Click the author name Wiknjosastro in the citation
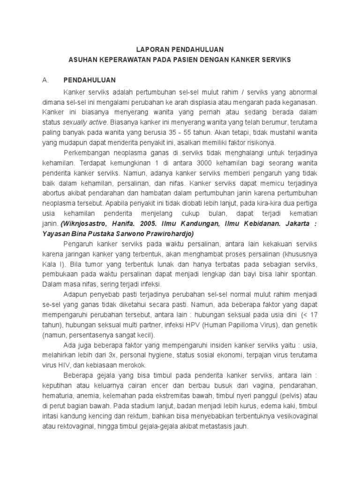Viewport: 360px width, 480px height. pos(82,225)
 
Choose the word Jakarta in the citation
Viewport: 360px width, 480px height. pos(297,225)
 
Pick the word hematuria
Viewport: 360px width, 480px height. pos(57,397)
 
